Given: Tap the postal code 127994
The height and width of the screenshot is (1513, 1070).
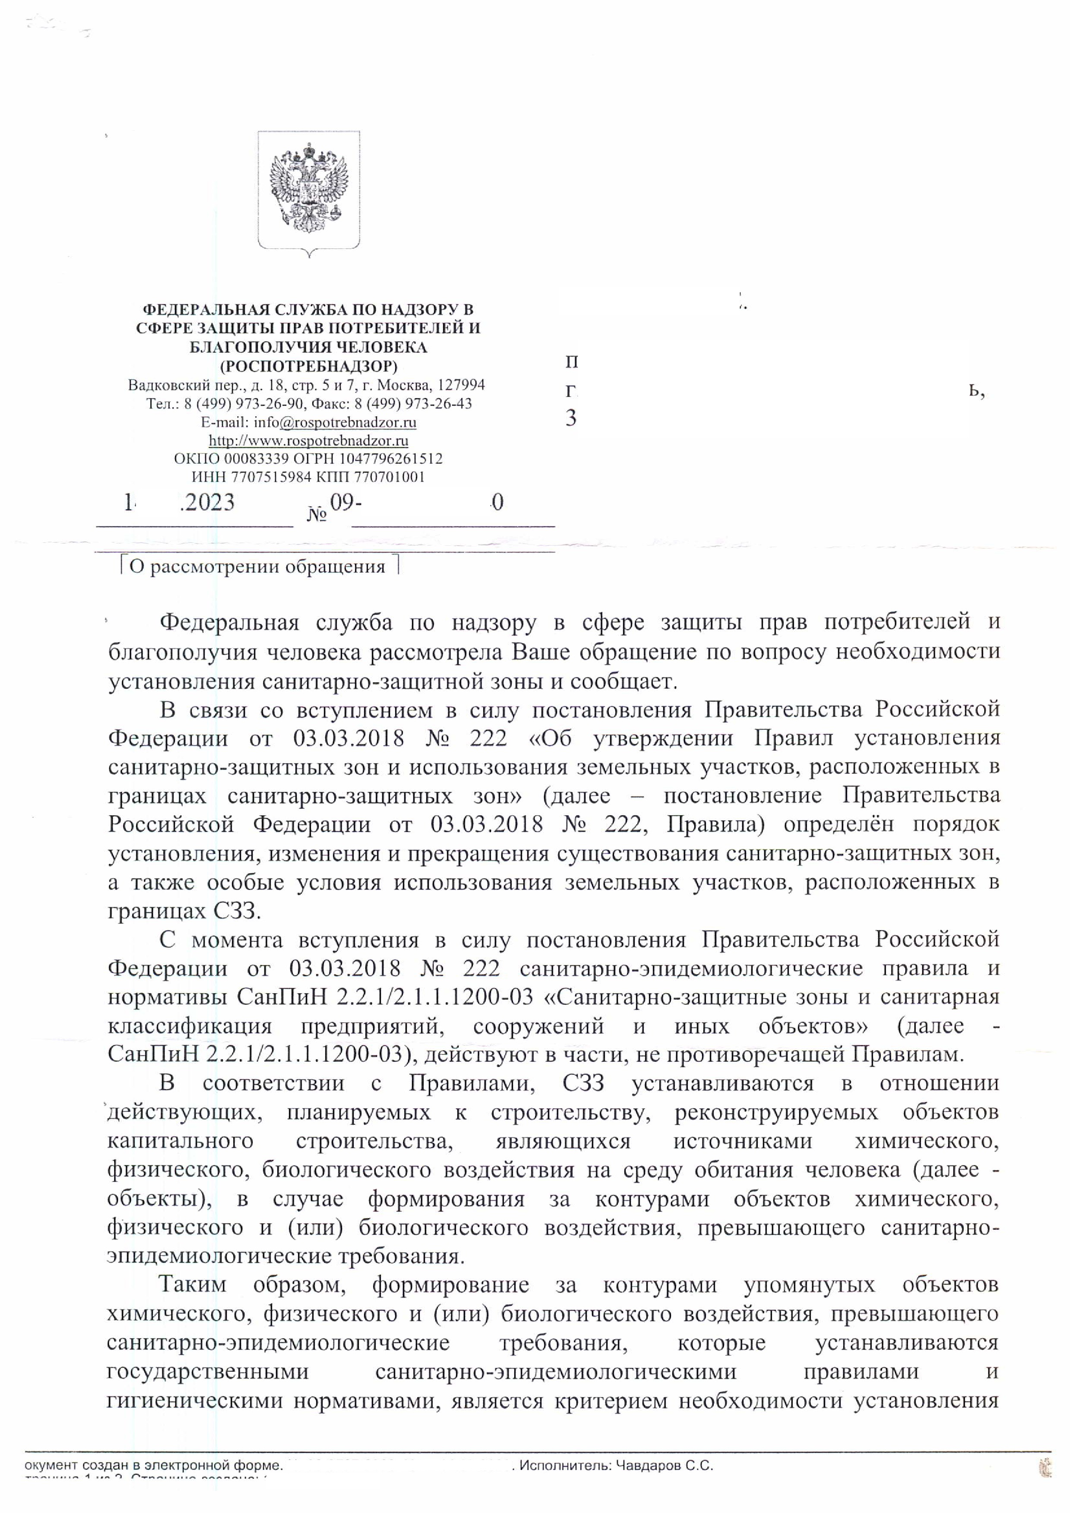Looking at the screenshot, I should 461,385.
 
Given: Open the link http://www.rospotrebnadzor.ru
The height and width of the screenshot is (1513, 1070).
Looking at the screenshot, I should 308,440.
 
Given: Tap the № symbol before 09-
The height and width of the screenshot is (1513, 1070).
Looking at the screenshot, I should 317,514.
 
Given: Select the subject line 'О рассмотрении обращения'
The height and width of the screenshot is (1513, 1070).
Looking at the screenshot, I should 257,567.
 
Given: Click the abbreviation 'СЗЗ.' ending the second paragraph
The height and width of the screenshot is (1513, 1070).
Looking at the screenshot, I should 237,912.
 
